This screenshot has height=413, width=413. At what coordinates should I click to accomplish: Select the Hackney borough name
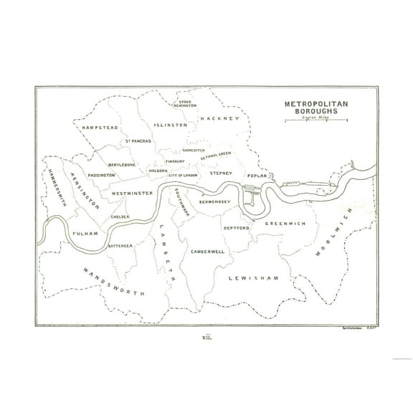coord(219,118)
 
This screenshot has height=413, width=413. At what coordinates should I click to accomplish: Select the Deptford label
coord(234,227)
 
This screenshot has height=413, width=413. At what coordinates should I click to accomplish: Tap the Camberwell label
coord(207,252)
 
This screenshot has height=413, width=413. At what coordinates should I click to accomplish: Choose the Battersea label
coord(120,245)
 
